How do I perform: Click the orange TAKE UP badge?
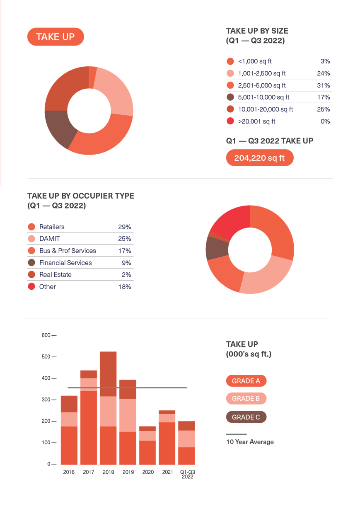click(x=56, y=37)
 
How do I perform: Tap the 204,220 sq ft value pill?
click(x=260, y=158)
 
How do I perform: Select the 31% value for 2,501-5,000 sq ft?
click(x=324, y=85)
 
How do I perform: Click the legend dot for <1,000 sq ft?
click(x=230, y=61)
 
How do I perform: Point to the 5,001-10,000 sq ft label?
click(x=263, y=97)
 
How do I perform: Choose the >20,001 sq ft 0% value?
click(x=325, y=121)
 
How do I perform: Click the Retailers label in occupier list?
click(x=52, y=227)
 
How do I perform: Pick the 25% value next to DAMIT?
click(x=124, y=239)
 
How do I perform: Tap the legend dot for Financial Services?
click(x=31, y=263)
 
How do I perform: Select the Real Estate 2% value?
click(x=126, y=275)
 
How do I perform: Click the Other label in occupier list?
click(x=47, y=287)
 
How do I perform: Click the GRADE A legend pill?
click(x=246, y=381)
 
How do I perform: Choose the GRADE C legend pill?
click(x=246, y=417)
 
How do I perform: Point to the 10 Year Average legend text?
click(x=250, y=442)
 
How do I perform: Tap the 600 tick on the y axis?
click(x=46, y=335)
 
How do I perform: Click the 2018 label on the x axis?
click(x=108, y=472)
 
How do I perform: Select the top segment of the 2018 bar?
click(x=108, y=373)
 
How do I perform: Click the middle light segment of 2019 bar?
click(x=128, y=415)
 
